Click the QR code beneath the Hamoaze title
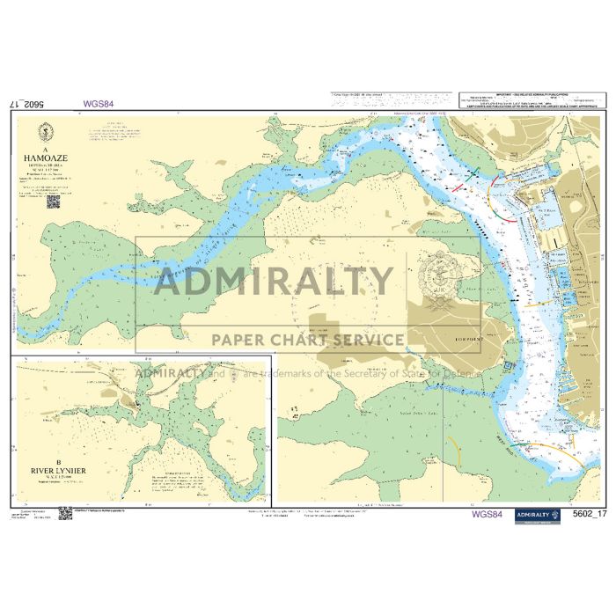coord(53,202)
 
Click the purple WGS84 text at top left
coord(97,103)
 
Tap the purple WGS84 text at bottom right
coord(487,515)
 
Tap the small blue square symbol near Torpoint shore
coord(507,366)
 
